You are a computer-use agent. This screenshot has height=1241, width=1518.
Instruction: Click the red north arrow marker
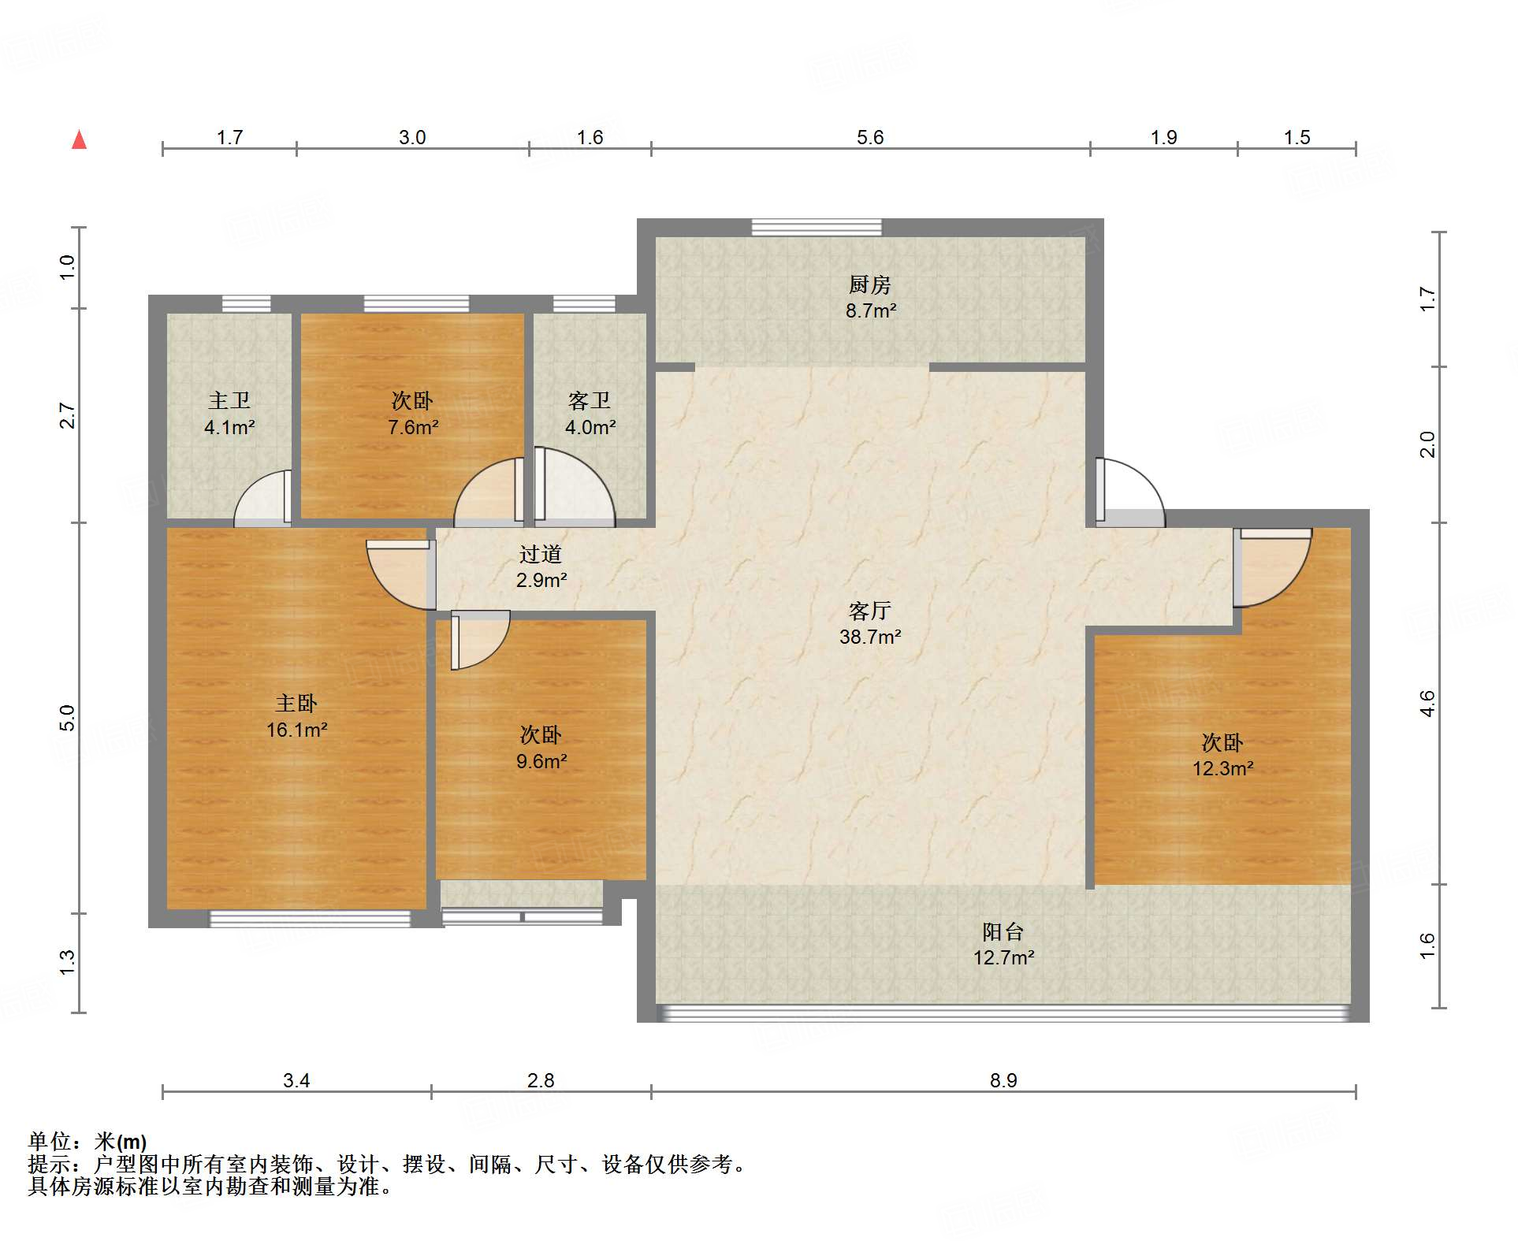(x=79, y=140)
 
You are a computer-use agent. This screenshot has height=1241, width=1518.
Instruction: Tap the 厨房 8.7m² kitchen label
(x=870, y=297)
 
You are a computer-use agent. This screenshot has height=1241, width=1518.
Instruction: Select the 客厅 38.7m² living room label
(x=870, y=623)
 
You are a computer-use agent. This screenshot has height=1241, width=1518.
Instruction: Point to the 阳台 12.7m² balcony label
(x=1003, y=944)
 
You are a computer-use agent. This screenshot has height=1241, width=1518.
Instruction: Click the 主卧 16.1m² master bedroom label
(x=296, y=716)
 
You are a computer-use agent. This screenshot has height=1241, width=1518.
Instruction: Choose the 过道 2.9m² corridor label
(x=541, y=567)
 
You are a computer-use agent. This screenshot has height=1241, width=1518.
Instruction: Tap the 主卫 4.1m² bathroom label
(x=229, y=414)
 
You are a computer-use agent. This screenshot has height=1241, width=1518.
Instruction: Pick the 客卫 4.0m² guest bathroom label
(x=590, y=414)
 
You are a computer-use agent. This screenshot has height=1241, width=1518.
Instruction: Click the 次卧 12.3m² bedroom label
(x=1222, y=755)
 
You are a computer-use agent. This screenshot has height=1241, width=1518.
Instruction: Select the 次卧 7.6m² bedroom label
(x=412, y=414)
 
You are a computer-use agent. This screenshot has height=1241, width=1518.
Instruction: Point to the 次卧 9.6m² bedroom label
(x=541, y=748)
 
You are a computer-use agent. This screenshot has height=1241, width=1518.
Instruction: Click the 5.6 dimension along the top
(x=870, y=137)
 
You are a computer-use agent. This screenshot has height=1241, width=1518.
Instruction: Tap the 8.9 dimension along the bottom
(x=1003, y=1080)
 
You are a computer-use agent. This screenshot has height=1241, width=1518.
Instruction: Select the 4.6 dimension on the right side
(x=1427, y=703)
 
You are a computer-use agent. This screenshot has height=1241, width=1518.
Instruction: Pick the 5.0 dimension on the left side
(x=67, y=718)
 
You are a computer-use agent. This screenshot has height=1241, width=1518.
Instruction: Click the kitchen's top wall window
(x=817, y=227)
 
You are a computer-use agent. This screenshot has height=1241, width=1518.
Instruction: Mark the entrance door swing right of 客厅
(x=1129, y=493)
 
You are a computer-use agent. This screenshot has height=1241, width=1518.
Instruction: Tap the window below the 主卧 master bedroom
(x=310, y=919)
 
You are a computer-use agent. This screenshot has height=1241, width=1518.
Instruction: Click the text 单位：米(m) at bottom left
(x=87, y=1141)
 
